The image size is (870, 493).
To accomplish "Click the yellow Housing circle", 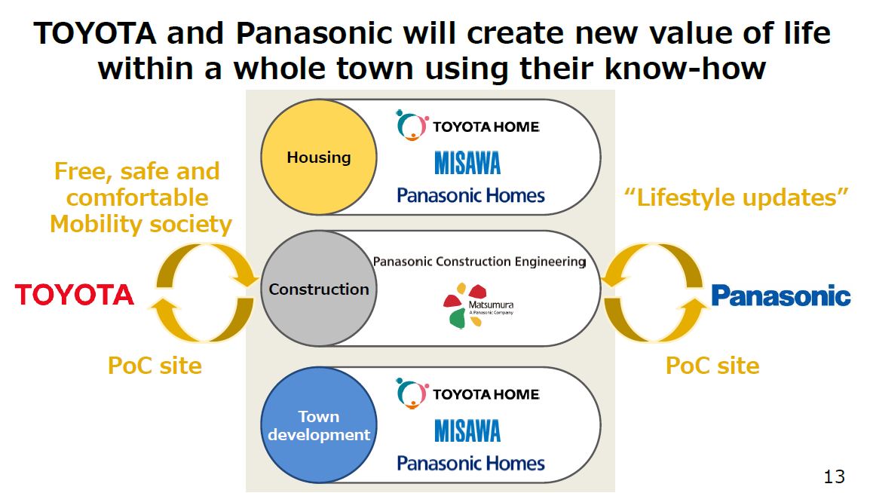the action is point(318,157).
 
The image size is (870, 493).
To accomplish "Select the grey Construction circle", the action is point(318,289).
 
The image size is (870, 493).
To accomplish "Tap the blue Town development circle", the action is point(318,425).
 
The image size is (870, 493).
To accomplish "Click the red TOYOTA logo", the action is point(75,295).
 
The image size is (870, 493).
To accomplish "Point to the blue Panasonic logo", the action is point(781,295).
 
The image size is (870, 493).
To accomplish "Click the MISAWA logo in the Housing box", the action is point(467,163).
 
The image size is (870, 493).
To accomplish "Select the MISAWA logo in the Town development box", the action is point(467,430).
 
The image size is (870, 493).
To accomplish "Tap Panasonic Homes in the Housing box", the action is point(470,195).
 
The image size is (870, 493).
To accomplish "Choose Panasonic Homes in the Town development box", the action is point(470,463).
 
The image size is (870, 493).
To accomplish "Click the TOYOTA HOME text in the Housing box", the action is point(486,127).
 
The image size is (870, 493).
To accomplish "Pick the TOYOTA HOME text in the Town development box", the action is point(486,394).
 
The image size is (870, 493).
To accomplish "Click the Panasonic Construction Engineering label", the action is point(479,262).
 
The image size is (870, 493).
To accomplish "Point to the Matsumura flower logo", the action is point(464,305).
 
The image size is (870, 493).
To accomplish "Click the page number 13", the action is point(834,476).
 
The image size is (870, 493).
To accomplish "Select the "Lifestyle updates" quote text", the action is point(737,198).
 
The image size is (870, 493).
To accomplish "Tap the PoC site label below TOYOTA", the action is point(155,366).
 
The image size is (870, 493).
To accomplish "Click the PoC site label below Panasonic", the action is point(712,366).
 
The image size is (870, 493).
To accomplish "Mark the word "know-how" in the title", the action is point(685,69).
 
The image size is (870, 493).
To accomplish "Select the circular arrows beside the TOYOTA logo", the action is point(204,292).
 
